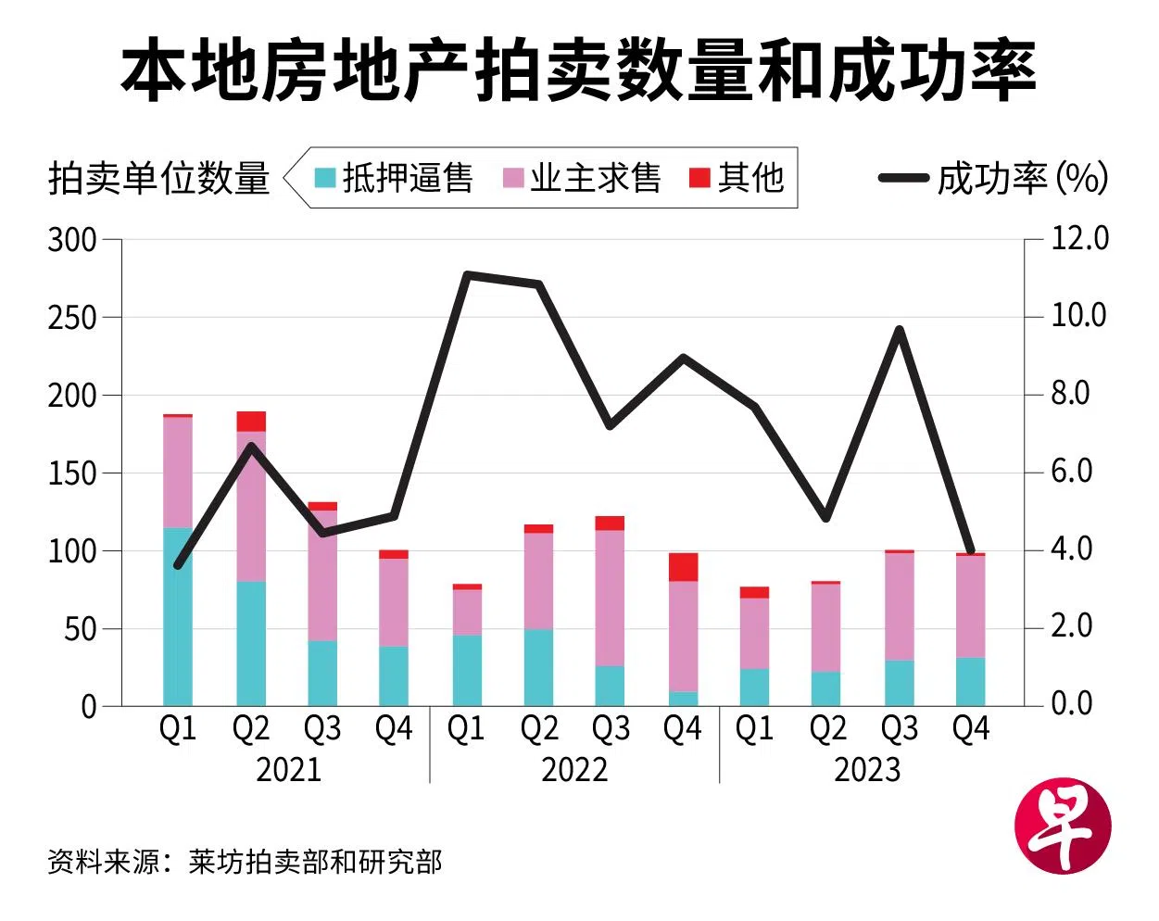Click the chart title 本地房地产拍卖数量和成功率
(x=578, y=70)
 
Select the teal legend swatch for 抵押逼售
(x=324, y=177)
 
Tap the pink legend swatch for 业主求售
(x=513, y=177)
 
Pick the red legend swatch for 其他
(x=699, y=177)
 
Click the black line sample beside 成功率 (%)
(x=903, y=178)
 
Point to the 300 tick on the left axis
(x=72, y=240)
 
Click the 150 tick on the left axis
(x=72, y=473)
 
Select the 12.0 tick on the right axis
(x=1079, y=239)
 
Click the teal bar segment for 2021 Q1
(x=178, y=616)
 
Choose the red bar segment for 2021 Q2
(x=251, y=422)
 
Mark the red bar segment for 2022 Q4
(x=683, y=567)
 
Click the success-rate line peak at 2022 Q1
(x=468, y=275)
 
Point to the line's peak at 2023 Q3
(x=899, y=330)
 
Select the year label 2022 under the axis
(x=574, y=770)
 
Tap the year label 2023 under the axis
(x=867, y=770)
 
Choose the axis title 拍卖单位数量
(x=158, y=178)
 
